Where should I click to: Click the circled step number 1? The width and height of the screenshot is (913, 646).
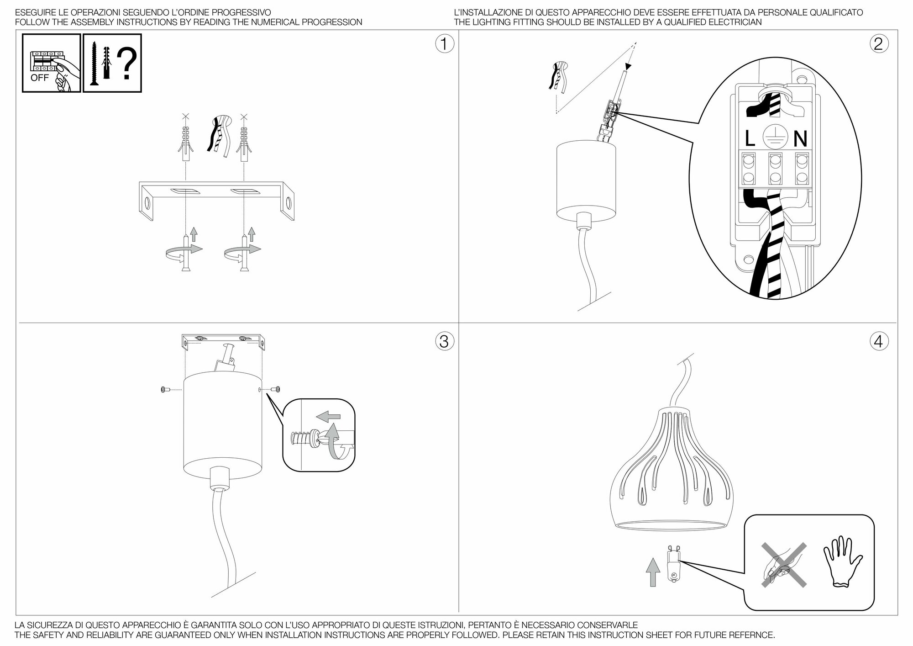coord(445,44)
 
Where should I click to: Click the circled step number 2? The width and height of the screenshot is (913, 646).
coord(879,44)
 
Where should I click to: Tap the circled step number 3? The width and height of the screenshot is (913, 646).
coord(445,341)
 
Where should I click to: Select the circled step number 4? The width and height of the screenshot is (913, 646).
coord(879,341)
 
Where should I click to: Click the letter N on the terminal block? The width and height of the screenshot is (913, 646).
coord(800,138)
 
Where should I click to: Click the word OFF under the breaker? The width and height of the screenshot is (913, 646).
coord(39,78)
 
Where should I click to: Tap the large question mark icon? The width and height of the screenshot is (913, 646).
coord(126,65)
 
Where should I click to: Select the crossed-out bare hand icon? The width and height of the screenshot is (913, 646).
coord(783,564)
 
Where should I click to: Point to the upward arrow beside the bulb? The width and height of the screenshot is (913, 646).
coord(654,571)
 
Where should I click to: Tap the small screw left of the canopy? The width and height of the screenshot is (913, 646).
coord(165,389)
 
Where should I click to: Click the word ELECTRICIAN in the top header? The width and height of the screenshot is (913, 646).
coord(734,22)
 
